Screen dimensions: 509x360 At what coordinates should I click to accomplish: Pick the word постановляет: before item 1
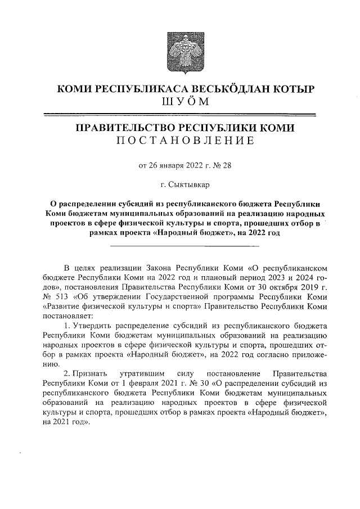click(x=65, y=318)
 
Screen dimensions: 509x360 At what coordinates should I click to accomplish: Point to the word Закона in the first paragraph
click(x=155, y=267)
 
